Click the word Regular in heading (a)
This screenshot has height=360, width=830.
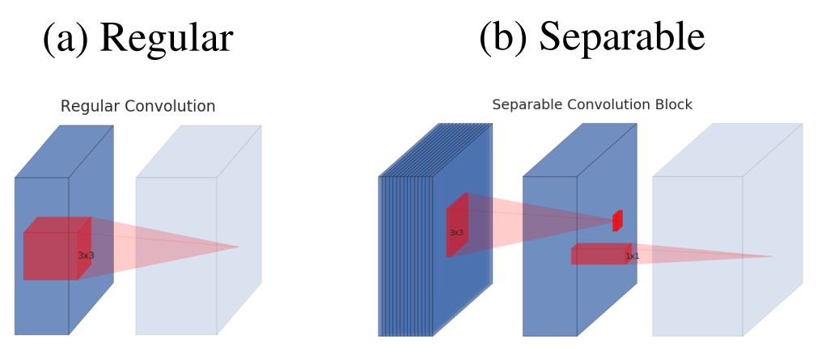coord(167,38)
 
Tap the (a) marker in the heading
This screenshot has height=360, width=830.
coord(66,39)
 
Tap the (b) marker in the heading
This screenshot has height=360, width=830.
coord(503,37)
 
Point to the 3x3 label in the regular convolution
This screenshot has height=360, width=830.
coord(86,256)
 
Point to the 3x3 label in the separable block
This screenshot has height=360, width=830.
coord(456,233)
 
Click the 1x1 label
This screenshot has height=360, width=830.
coord(632,256)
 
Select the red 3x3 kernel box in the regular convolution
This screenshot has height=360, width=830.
coord(51,255)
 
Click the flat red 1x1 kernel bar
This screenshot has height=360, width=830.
coord(599,254)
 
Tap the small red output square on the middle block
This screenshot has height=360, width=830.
coord(617,220)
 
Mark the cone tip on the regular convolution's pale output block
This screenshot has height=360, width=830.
coord(239,247)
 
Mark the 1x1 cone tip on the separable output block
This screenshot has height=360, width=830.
coord(772,257)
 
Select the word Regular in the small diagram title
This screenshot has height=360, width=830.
coord(88,107)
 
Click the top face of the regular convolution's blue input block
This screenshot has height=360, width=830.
coord(64,151)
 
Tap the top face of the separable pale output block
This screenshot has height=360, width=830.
coord(727,150)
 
